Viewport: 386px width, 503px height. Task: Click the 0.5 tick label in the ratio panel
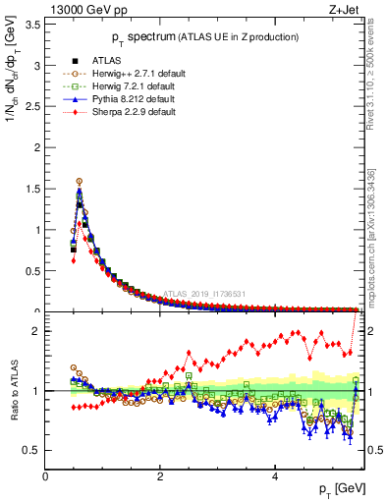pos(31,450)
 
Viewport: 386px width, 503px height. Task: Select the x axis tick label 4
pos(274,475)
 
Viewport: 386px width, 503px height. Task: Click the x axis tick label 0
pos(45,475)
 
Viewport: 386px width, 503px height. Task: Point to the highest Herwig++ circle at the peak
pos(80,181)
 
